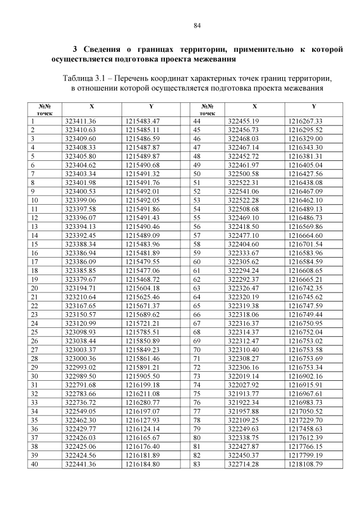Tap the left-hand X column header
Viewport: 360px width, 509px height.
pyautogui.click(x=92, y=106)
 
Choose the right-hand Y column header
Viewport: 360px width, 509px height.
pyautogui.click(x=314, y=106)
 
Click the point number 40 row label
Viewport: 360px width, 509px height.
pyautogui.click(x=35, y=464)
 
